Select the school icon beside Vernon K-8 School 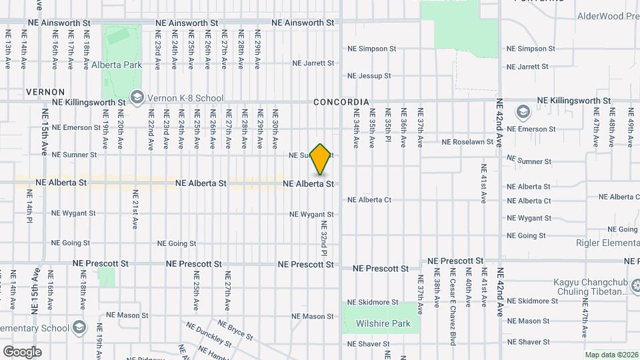(137, 98)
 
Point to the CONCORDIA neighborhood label (341, 102)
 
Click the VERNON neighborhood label (45, 92)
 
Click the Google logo (22, 352)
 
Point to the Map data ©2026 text (611, 355)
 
